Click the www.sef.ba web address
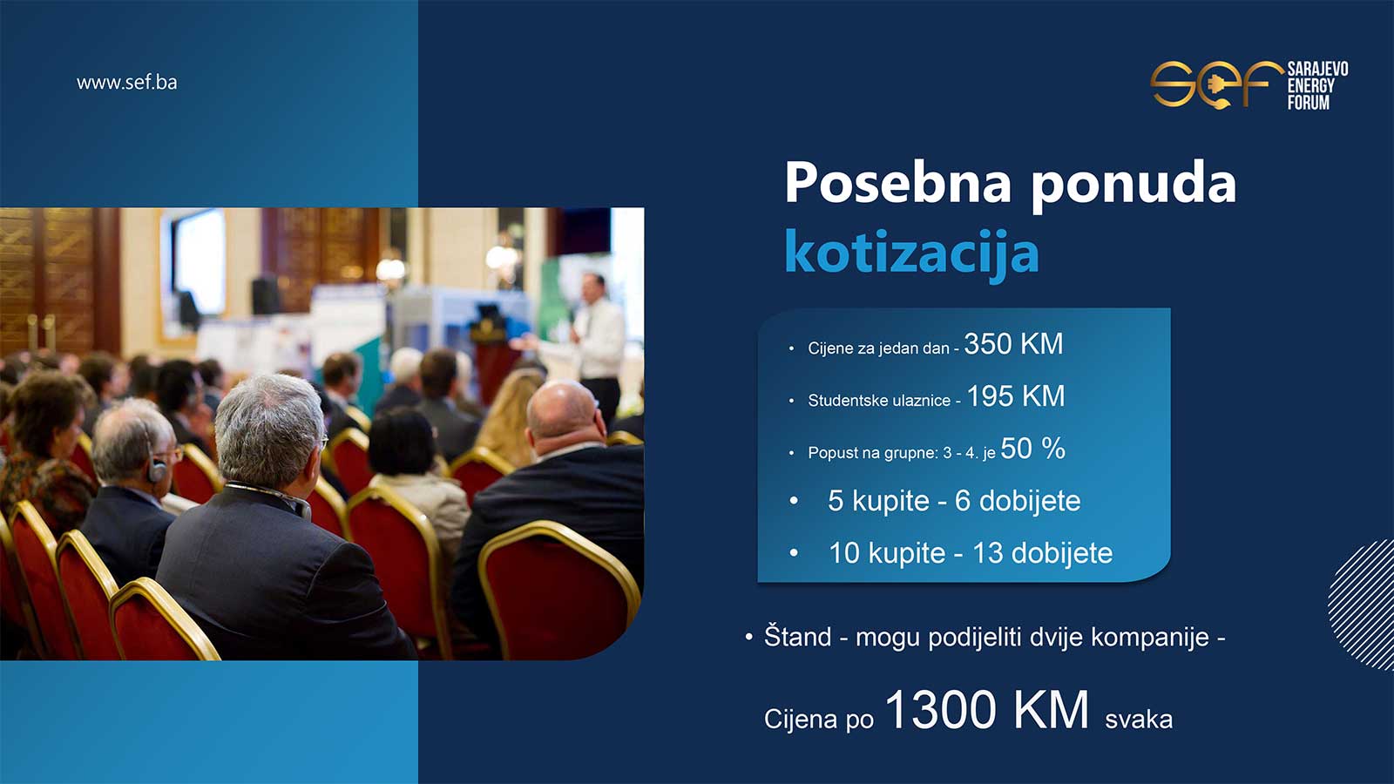click(127, 83)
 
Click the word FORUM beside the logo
click(1308, 103)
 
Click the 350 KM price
click(1014, 344)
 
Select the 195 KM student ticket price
click(1016, 396)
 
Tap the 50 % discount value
click(1033, 449)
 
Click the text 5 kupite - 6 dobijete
click(954, 501)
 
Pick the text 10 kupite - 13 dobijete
click(971, 553)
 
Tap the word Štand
click(797, 637)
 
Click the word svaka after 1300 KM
click(1139, 720)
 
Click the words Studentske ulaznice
click(879, 401)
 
